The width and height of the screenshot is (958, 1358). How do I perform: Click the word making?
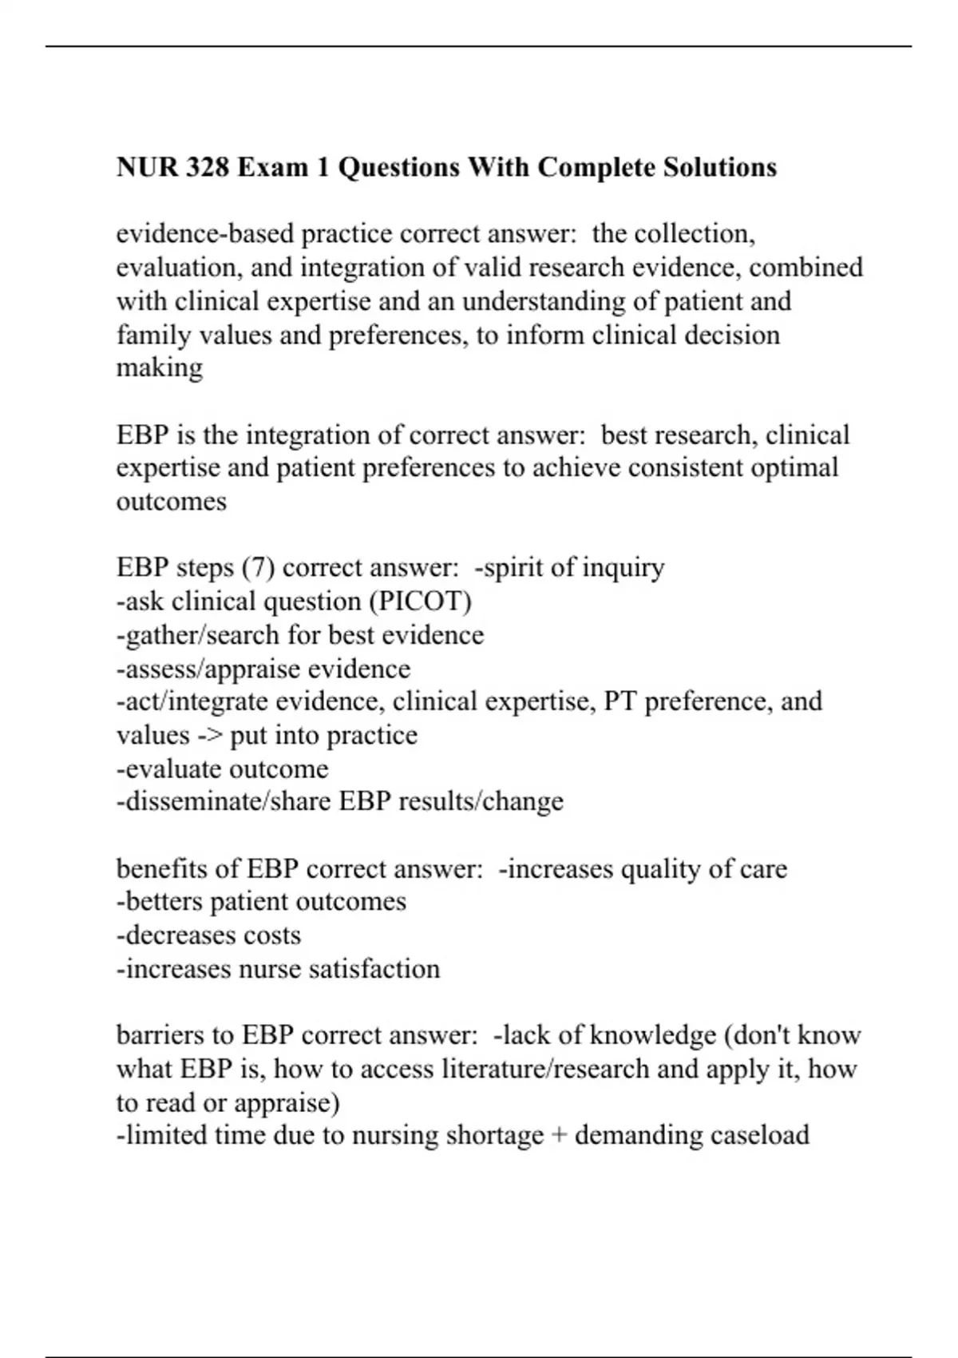tap(160, 367)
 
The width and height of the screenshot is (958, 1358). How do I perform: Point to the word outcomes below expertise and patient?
tap(171, 502)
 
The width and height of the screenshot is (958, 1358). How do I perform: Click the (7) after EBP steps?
tap(259, 568)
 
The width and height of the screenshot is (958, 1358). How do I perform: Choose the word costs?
tap(272, 935)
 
